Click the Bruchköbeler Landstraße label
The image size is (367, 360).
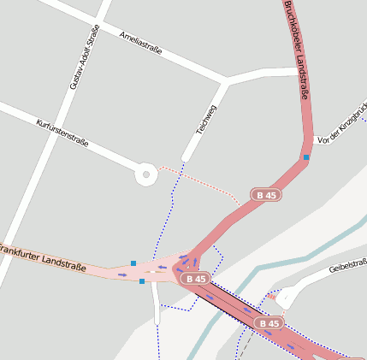(295, 34)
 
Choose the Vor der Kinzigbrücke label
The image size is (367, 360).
(341, 131)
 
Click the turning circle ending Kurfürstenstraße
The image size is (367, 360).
(146, 175)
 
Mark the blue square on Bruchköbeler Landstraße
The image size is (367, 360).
(306, 157)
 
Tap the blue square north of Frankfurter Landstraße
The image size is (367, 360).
(133, 263)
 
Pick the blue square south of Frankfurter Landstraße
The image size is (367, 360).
(142, 280)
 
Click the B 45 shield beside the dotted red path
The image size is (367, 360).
(266, 195)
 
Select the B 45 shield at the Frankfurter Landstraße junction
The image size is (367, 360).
(196, 279)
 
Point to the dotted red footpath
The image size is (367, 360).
(205, 181)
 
